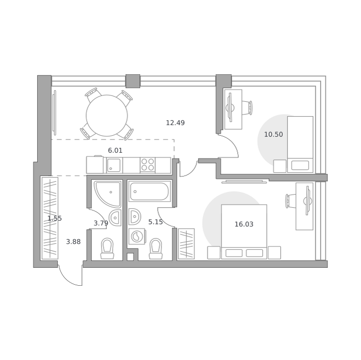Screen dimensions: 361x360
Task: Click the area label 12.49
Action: pos(175,123)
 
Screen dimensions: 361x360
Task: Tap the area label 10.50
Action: pos(273,135)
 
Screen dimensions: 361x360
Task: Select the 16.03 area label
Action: pos(244,224)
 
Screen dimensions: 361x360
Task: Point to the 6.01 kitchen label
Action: pos(115,151)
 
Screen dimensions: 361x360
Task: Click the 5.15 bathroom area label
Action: pos(156,222)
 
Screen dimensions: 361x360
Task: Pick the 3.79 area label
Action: pos(101,223)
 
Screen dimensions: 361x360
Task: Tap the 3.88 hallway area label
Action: pos(73,242)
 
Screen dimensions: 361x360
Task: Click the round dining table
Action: pos(107,116)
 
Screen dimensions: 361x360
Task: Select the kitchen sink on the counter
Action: pos(114,165)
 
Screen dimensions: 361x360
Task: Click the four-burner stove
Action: pos(148,164)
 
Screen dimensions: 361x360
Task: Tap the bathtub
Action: pos(149,191)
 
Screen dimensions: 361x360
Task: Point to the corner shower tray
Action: pos(108,194)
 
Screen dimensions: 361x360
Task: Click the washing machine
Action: pos(137,236)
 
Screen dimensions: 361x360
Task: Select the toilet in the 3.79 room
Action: pos(107,249)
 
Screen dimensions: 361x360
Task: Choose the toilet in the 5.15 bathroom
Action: pos(156,249)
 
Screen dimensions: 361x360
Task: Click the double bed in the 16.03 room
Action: pos(244,232)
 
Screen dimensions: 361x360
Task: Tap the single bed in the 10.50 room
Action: pos(300,144)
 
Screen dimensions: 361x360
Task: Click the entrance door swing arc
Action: pos(70,278)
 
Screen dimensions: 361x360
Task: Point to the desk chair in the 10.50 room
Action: pos(247,107)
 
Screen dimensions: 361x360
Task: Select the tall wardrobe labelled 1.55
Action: pos(50,218)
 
